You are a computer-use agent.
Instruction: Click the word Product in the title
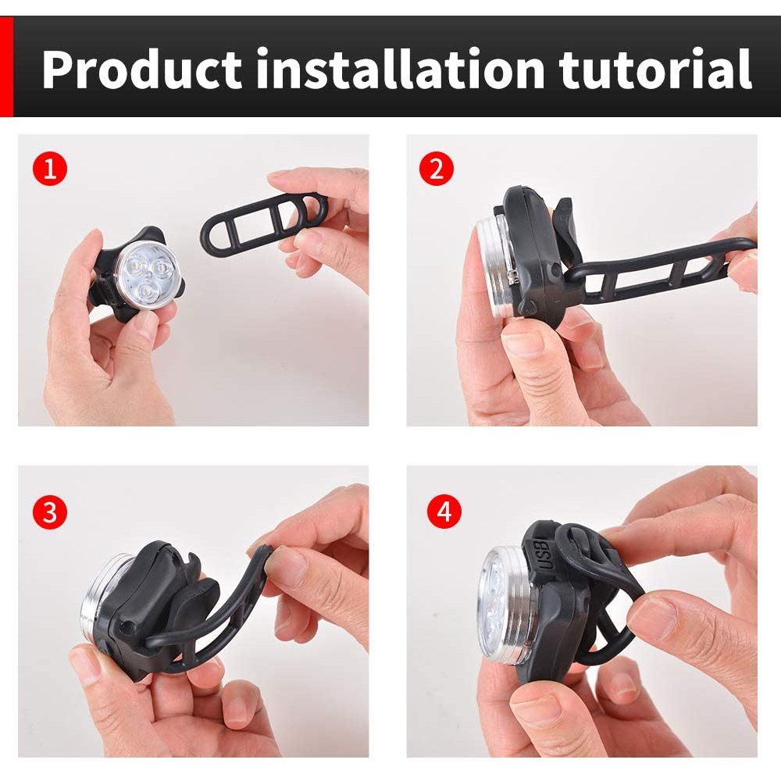tap(142, 69)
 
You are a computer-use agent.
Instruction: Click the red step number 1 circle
tap(50, 169)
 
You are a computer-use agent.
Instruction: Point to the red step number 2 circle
tap(437, 169)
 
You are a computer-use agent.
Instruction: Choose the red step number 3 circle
tap(50, 512)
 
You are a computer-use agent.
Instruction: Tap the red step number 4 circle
tap(444, 512)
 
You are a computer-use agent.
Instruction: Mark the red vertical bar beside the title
tap(6, 66)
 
